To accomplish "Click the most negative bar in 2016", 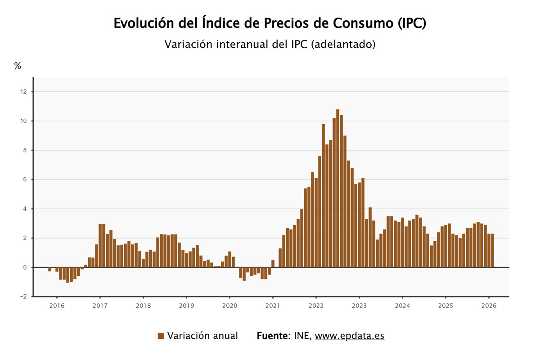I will [x=67, y=275].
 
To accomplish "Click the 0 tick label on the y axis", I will [x=25, y=267].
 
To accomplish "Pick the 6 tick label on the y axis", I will [x=25, y=180].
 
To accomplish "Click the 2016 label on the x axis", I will [x=57, y=306].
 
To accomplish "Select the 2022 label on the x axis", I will [x=316, y=306].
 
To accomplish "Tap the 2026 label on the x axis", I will [x=489, y=306].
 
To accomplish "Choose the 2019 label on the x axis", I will [x=186, y=306].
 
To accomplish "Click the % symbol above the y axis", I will [x=18, y=66].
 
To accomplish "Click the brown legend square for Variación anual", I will [x=161, y=336].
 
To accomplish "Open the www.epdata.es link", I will [x=350, y=336].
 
